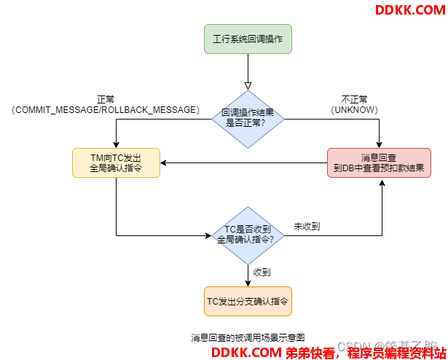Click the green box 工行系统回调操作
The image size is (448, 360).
(x=248, y=39)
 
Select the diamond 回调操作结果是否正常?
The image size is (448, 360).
(x=248, y=119)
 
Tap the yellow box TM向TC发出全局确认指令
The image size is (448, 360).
(x=117, y=162)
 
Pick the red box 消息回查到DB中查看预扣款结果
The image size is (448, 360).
(x=380, y=162)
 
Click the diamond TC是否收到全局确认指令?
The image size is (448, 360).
(x=248, y=234)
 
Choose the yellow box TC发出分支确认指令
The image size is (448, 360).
(x=248, y=300)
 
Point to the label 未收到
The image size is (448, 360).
(x=307, y=227)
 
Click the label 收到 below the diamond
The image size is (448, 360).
(x=262, y=272)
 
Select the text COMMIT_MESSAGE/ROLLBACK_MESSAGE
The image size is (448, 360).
(x=106, y=109)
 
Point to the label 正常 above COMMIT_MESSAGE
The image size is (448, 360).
(x=106, y=99)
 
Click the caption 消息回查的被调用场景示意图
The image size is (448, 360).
(x=248, y=337)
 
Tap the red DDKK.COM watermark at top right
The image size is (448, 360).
(x=409, y=10)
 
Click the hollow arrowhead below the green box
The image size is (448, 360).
(x=248, y=83)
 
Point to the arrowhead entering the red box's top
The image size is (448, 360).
(x=380, y=144)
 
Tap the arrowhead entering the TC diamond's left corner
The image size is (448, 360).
(x=207, y=234)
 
